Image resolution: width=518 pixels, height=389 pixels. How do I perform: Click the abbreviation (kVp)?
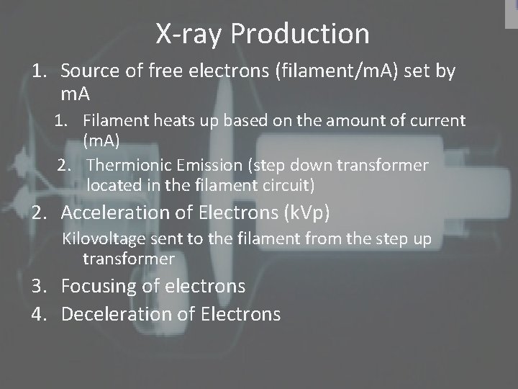pos(314,213)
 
